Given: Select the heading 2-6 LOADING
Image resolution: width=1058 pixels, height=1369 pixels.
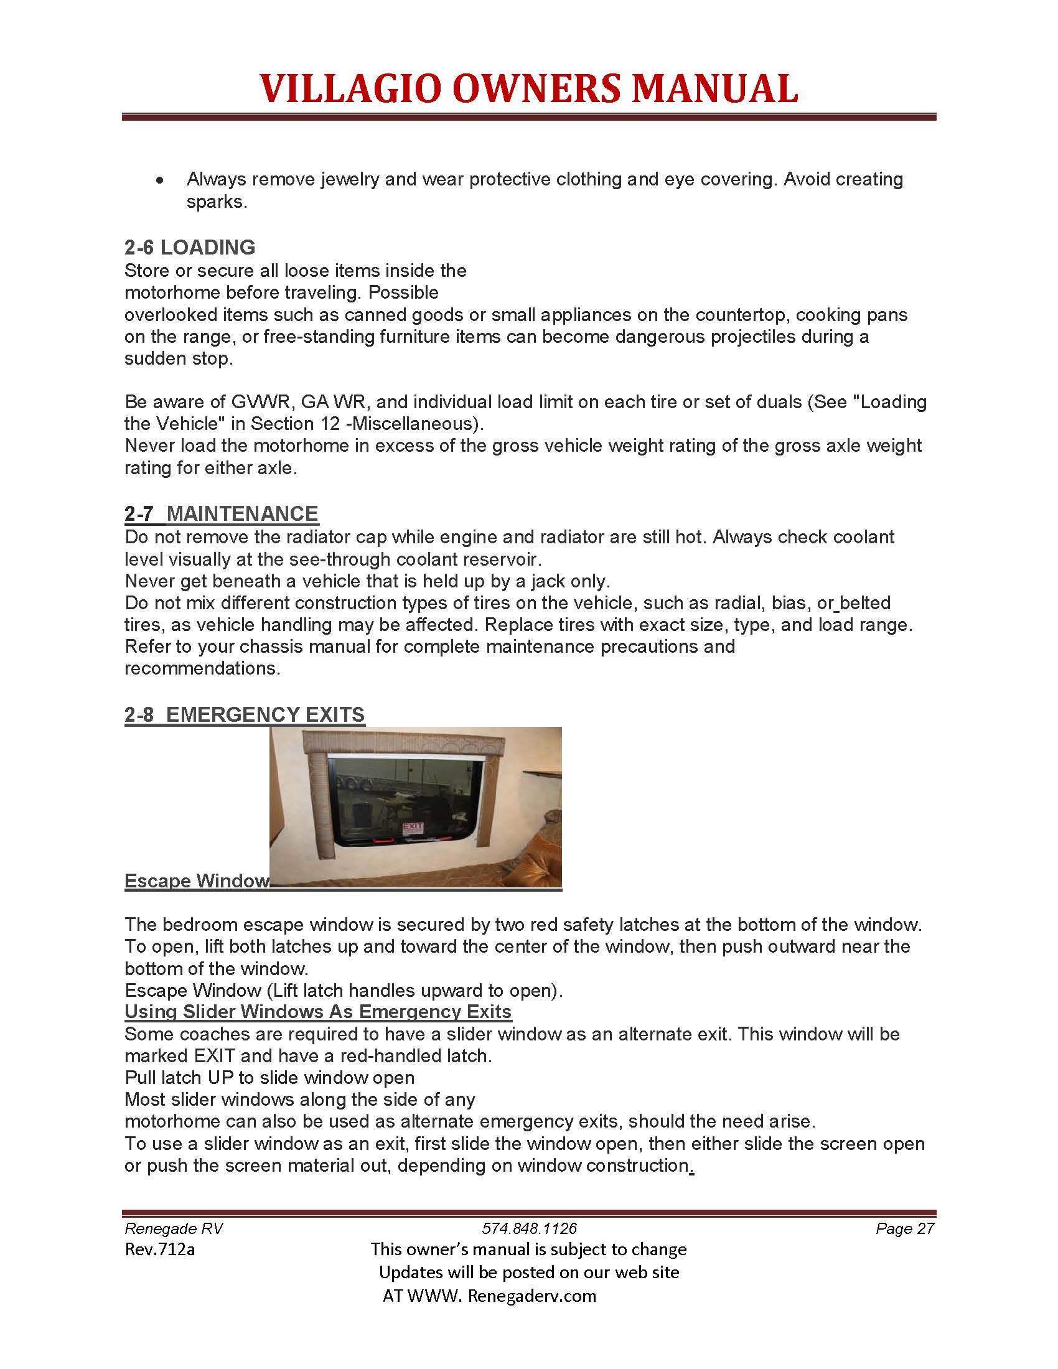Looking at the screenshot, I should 189,248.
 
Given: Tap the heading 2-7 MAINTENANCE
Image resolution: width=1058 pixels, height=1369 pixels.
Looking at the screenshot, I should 222,513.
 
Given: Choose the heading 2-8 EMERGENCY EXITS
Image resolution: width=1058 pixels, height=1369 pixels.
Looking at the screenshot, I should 245,714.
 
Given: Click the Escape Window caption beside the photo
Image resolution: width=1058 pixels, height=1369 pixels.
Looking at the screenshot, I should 197,881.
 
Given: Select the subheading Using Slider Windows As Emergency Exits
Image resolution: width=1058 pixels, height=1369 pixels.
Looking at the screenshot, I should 318,1012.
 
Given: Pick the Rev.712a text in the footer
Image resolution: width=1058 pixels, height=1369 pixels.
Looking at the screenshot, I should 160,1250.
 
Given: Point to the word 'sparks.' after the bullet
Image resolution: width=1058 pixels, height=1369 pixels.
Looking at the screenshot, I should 217,202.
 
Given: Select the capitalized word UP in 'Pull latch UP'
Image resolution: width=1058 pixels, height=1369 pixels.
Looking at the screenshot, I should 220,1078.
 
